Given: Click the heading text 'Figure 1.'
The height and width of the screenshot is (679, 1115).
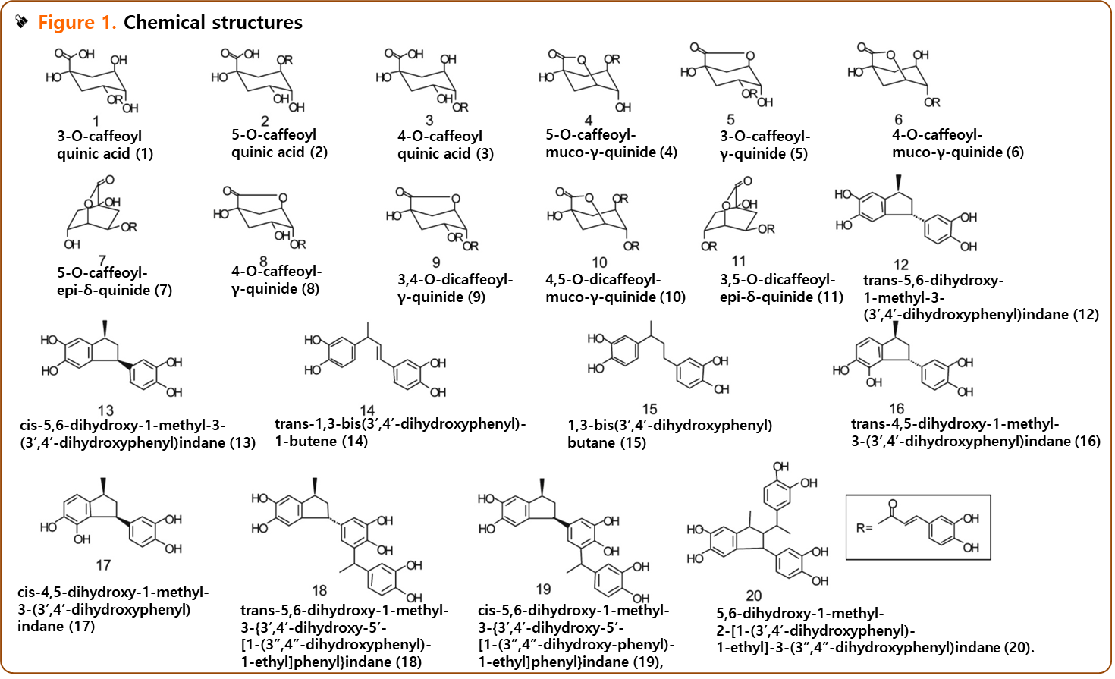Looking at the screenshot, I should [77, 23].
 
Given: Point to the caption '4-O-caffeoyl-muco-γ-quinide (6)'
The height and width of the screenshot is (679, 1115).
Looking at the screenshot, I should [957, 143].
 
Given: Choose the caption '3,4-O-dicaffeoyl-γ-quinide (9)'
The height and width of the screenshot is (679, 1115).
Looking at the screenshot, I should [454, 288].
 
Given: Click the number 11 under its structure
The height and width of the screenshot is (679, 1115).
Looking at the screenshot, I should [738, 261].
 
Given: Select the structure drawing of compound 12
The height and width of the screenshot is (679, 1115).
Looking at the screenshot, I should [905, 215].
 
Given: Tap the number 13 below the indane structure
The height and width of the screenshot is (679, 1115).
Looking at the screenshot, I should [105, 410].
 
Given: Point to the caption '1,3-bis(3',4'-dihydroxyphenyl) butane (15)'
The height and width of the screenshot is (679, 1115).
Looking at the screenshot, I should [669, 434].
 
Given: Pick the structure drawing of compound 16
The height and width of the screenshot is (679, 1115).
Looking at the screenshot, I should [903, 361].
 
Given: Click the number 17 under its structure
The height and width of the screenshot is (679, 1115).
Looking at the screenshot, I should [103, 565].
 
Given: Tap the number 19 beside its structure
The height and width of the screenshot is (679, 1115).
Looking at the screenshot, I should [543, 589].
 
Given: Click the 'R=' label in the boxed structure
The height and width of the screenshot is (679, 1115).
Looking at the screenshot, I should [864, 527].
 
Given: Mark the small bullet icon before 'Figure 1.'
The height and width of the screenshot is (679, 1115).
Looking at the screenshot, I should [22, 22].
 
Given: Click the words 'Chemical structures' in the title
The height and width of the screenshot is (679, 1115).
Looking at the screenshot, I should [212, 23].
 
